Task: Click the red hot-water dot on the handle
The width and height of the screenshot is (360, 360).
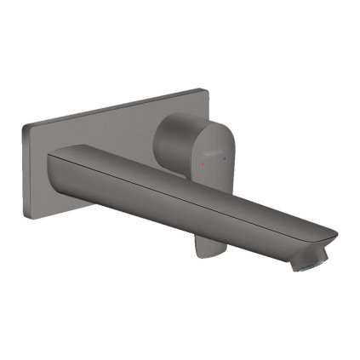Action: coord(203,159)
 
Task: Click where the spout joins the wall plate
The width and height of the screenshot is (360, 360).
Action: coord(55,170)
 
